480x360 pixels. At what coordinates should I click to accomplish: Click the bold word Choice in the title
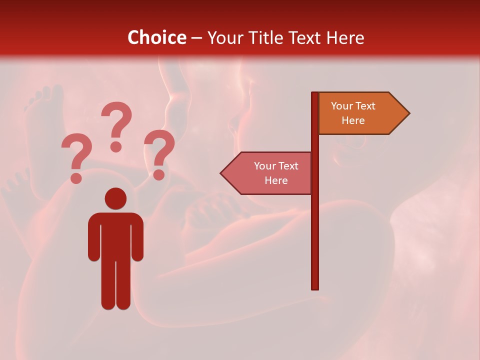pos(156,37)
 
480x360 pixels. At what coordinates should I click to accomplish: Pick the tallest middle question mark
pos(116,125)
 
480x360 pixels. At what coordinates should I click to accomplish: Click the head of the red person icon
pos(115,198)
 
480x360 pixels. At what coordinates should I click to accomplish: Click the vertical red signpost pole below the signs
pos(315,240)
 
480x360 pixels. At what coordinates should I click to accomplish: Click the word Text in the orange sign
pos(366,106)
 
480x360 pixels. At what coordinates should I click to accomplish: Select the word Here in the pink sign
pos(276,180)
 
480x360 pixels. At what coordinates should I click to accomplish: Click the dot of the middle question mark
pos(116,146)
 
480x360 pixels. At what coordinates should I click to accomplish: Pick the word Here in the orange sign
pos(353,120)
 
